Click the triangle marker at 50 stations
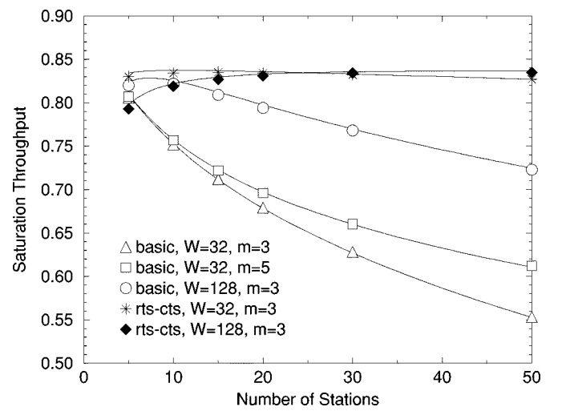coord(532,317)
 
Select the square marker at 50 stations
coord(532,266)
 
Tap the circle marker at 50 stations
coord(532,170)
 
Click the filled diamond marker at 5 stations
coord(128,108)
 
